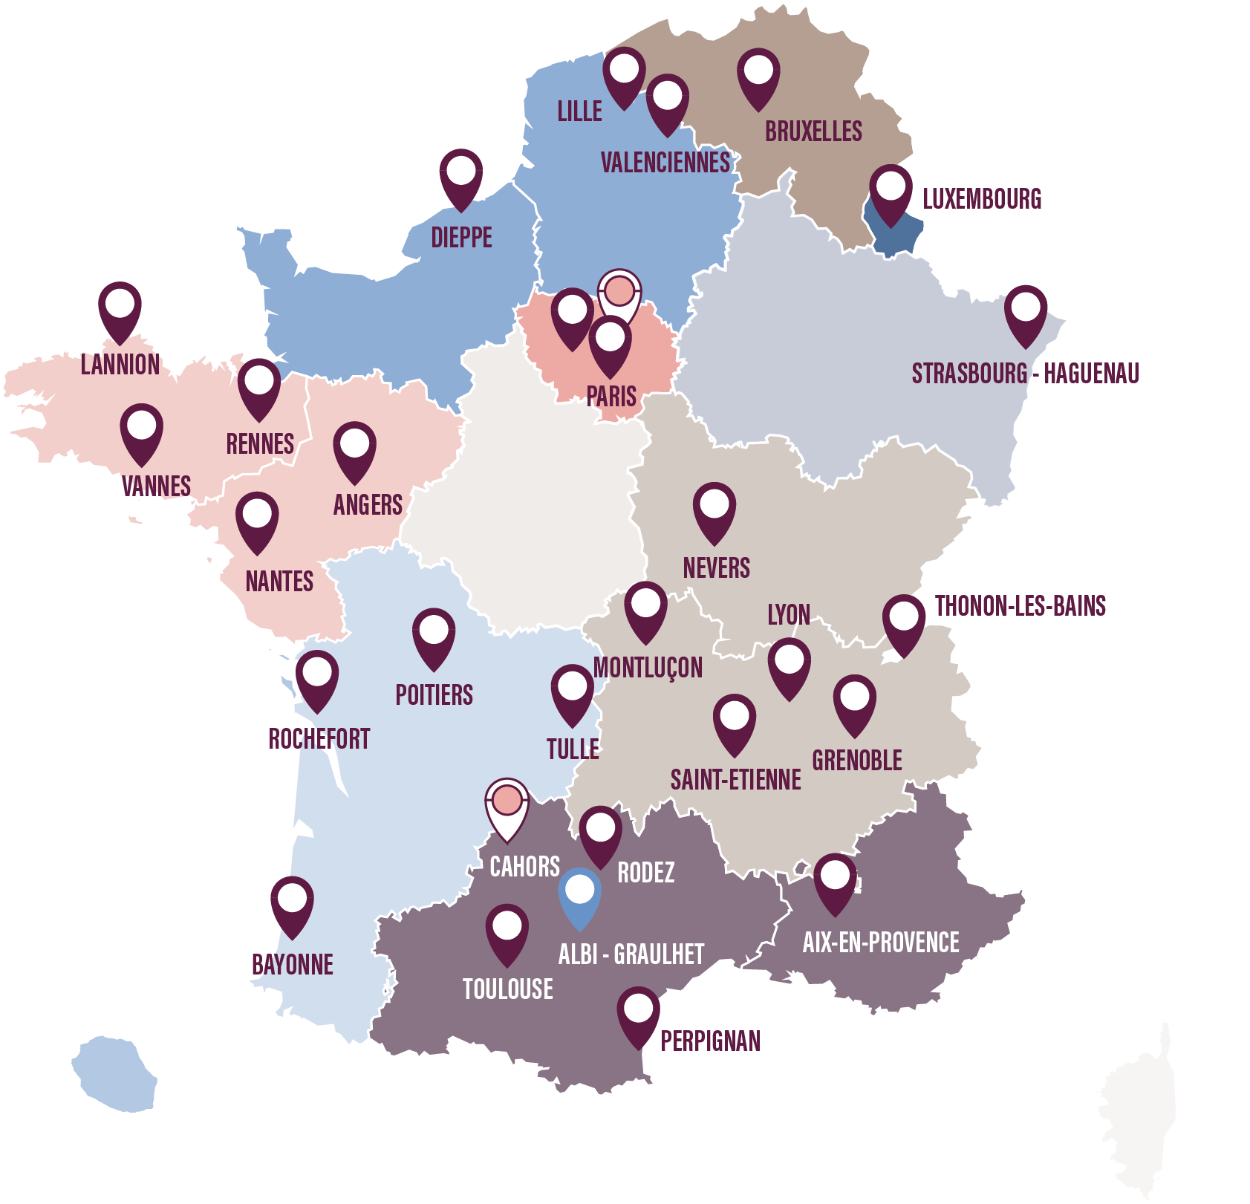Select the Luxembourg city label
point(981,199)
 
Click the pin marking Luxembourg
point(891,192)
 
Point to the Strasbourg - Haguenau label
point(1025,374)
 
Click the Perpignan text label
point(710,1041)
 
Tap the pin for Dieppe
point(461,176)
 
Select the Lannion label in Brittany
point(120,365)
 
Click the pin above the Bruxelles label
point(758,76)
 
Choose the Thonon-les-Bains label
point(1020,606)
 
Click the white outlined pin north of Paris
point(619,295)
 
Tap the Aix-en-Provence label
point(881,943)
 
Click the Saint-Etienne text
point(735,780)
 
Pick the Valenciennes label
point(665,163)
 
